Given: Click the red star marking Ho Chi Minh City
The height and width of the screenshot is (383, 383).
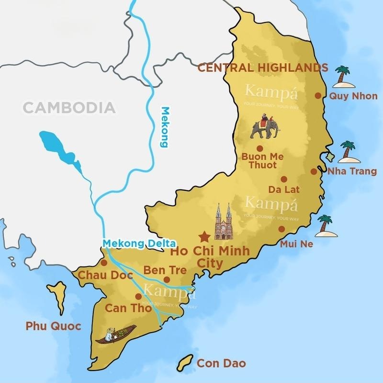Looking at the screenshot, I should tap(204, 236).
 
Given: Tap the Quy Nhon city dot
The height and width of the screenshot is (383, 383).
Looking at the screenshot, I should tap(318, 95).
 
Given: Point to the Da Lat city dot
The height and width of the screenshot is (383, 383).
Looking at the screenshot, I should tap(284, 179).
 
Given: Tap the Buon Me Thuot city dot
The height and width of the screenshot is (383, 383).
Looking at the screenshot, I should tap(259, 149).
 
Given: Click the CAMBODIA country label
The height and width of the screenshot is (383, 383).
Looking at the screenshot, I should tap(69, 107).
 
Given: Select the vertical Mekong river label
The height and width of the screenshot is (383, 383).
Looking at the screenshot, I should tap(165, 127).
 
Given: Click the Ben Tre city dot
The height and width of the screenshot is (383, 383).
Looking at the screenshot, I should tap(167, 279).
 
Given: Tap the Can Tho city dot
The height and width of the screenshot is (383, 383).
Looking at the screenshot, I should tap(138, 296).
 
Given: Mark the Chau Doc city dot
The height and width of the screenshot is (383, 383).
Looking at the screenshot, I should tap(104, 263).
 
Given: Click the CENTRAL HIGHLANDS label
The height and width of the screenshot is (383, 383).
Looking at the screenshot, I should tap(263, 68).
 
